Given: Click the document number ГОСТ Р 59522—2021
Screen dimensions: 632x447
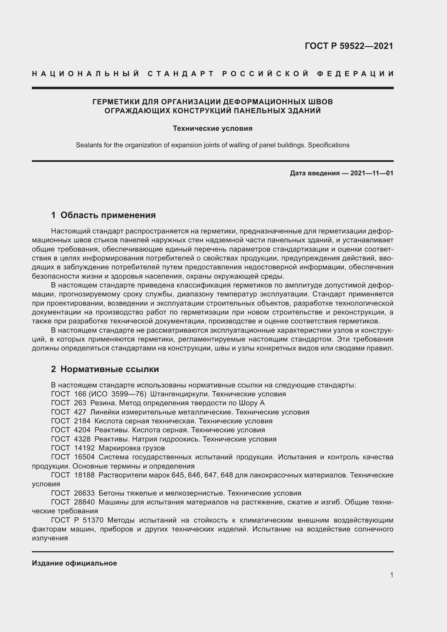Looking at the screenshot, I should point(349,46).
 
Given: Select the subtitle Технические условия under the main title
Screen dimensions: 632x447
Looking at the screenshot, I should point(212,129).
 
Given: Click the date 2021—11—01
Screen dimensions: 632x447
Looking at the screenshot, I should point(372,173).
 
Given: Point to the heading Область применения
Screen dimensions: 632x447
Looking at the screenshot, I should point(108,215).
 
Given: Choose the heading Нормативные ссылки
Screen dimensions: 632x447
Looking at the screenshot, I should point(109,369).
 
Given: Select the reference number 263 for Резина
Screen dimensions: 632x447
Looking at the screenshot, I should point(80,403).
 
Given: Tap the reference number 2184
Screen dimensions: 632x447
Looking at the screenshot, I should point(82,421).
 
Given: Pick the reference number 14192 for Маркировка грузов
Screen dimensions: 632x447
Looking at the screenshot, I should point(84,448).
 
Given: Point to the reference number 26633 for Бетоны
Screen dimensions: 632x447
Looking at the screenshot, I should point(84,493).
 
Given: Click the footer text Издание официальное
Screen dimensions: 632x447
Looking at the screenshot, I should point(74,563).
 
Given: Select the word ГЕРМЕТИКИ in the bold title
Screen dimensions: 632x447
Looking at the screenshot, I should point(116,102).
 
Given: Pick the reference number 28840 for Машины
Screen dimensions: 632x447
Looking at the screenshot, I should point(84,502).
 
